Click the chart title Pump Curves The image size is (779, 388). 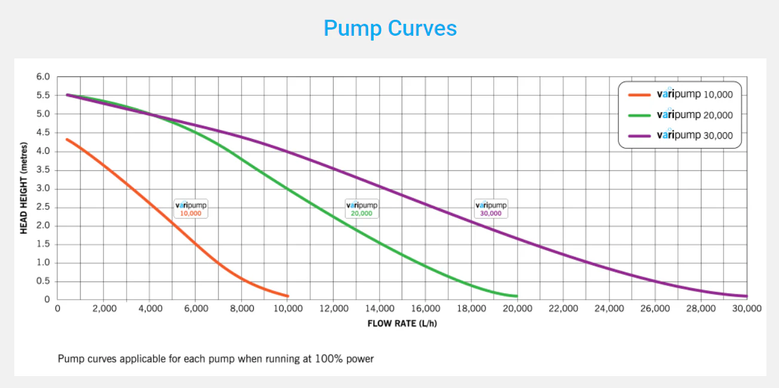(390, 29)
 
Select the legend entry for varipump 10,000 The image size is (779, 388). (681, 94)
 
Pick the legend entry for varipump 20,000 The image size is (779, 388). (681, 114)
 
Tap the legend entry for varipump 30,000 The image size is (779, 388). (681, 135)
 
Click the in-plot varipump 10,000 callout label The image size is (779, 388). (191, 209)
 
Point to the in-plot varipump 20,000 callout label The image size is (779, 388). (362, 209)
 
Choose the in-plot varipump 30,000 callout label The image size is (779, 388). (491, 209)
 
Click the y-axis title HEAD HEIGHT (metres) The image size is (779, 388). (24, 188)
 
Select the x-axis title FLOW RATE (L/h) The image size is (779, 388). (402, 324)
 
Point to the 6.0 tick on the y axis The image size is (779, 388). (43, 76)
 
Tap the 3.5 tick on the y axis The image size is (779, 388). (43, 169)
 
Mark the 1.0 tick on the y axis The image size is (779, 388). (43, 262)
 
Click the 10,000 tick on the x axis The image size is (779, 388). (288, 309)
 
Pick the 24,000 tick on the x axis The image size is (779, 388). (609, 309)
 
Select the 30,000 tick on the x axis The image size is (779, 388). (747, 309)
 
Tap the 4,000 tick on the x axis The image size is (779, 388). (150, 309)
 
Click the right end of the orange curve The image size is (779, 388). (288, 296)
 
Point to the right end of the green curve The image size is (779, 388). (517, 296)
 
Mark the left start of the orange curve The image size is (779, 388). (67, 139)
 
